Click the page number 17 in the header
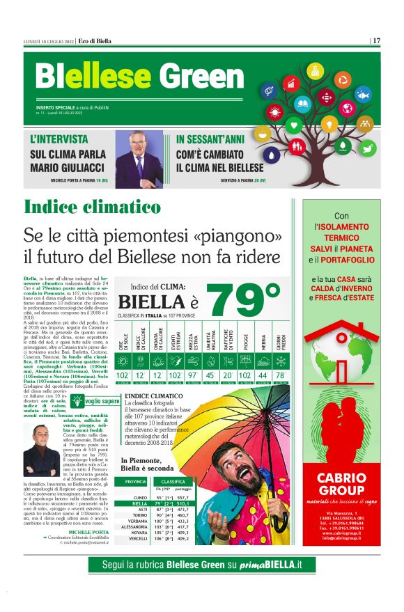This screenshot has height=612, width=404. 376,41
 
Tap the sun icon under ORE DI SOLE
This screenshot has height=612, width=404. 123,361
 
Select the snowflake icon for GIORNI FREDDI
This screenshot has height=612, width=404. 279,361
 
